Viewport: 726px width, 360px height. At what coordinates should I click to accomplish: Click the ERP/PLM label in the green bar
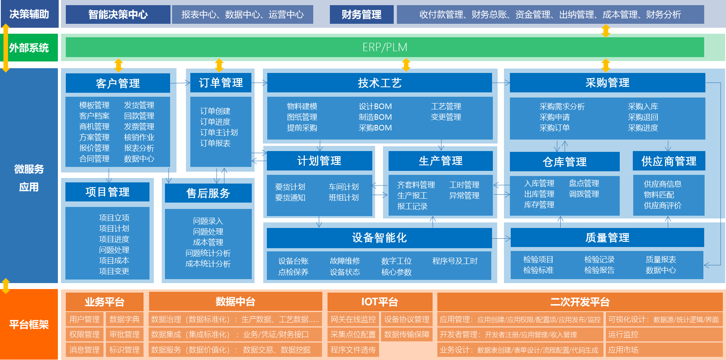click(x=385, y=47)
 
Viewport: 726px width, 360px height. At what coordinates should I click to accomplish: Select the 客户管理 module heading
click(x=118, y=83)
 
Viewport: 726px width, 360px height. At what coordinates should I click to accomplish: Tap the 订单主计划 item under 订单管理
click(x=219, y=132)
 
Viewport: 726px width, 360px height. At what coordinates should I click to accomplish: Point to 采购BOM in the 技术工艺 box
click(x=375, y=128)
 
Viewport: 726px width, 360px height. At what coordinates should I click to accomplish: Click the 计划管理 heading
click(x=319, y=161)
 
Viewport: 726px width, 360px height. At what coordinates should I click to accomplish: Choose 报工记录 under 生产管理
click(x=412, y=206)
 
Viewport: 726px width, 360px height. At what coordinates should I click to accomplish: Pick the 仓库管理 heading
click(x=565, y=162)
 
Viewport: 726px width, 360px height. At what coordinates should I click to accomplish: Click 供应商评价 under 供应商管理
click(x=663, y=205)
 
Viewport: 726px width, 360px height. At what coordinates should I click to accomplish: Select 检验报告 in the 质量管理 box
click(x=600, y=270)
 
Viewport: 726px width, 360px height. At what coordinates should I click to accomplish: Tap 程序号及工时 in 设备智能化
click(x=455, y=261)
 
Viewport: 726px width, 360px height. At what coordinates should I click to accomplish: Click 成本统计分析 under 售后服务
click(x=208, y=264)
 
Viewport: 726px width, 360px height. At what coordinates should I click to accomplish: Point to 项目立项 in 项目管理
click(x=114, y=218)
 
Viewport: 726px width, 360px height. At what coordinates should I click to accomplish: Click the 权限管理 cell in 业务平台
click(x=84, y=334)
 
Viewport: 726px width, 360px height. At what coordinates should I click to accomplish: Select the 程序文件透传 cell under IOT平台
click(x=353, y=350)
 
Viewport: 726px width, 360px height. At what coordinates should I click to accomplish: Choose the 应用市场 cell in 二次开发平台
click(x=623, y=350)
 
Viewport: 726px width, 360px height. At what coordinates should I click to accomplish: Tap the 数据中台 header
click(x=236, y=302)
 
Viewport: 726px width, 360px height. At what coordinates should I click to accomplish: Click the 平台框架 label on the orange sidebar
click(x=29, y=325)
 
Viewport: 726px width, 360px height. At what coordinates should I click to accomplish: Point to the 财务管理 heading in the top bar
click(x=361, y=15)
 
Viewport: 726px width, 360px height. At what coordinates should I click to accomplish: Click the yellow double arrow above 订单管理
click(x=219, y=65)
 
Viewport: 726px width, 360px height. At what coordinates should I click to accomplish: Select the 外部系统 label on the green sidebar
click(x=29, y=48)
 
